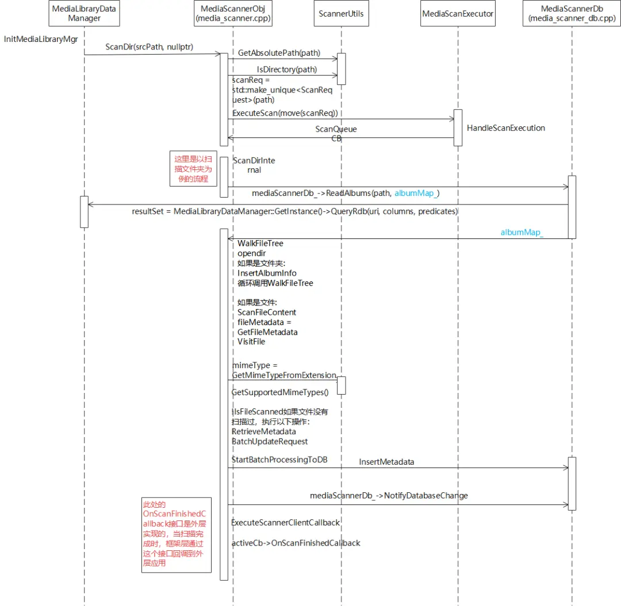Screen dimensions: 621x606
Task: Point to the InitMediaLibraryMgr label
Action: [41, 39]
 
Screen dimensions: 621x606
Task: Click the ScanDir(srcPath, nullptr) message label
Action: [149, 47]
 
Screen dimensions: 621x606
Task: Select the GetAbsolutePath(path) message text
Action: [279, 53]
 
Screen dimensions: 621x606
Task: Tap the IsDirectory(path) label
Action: [287, 70]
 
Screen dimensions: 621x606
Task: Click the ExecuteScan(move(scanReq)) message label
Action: [285, 113]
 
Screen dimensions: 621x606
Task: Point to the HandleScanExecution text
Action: [506, 128]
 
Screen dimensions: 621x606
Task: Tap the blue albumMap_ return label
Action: [522, 233]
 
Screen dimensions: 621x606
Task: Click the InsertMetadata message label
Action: [386, 462]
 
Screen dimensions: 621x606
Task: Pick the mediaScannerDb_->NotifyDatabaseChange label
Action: [389, 496]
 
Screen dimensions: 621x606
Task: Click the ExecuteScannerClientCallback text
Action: [286, 523]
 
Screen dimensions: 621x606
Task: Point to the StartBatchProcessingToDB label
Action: [279, 460]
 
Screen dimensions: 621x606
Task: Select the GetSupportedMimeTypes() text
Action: [280, 392]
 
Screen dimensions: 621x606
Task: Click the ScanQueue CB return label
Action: [336, 134]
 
